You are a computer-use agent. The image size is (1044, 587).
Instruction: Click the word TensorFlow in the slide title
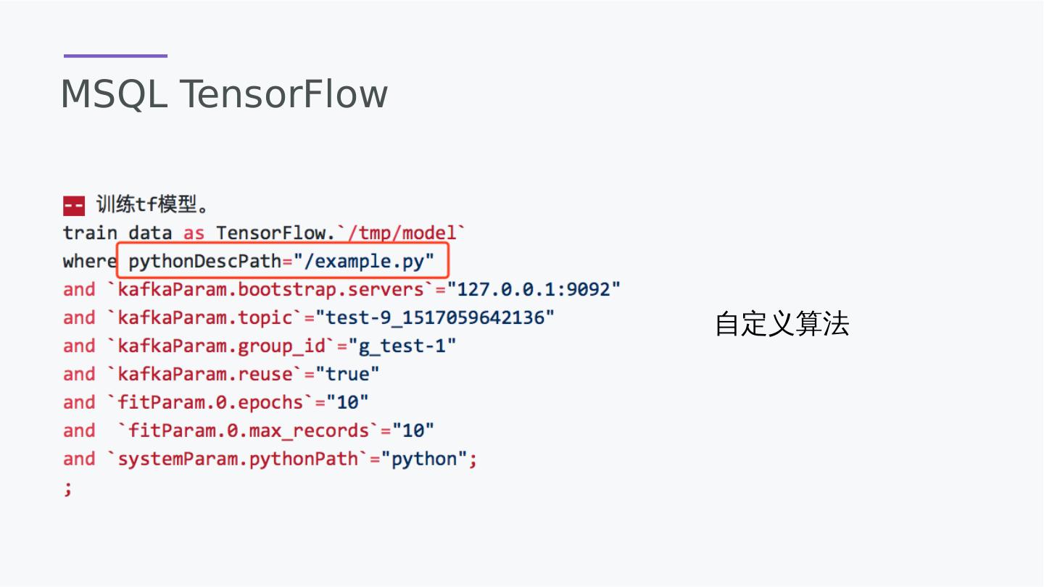(x=283, y=94)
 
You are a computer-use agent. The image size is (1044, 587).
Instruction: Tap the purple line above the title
(x=115, y=56)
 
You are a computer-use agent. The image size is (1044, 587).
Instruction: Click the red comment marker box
(x=73, y=206)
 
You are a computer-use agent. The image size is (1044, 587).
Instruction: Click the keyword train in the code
(x=90, y=233)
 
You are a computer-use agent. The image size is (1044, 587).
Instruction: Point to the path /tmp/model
(x=402, y=233)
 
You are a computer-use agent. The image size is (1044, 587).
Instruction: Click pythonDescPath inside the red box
(x=204, y=261)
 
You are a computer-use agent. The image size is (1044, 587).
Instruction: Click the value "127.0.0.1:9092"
(x=534, y=289)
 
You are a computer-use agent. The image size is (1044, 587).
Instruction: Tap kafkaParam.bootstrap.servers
(x=270, y=289)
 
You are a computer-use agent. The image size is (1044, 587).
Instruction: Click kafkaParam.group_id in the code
(x=222, y=346)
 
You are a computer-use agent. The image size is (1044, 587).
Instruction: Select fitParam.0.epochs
(x=210, y=402)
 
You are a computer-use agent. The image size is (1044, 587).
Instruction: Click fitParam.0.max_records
(x=249, y=430)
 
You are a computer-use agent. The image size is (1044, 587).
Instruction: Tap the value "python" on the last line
(x=424, y=459)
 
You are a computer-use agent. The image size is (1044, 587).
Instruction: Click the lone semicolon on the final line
(x=68, y=488)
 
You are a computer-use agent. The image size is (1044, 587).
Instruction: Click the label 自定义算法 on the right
(x=782, y=324)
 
